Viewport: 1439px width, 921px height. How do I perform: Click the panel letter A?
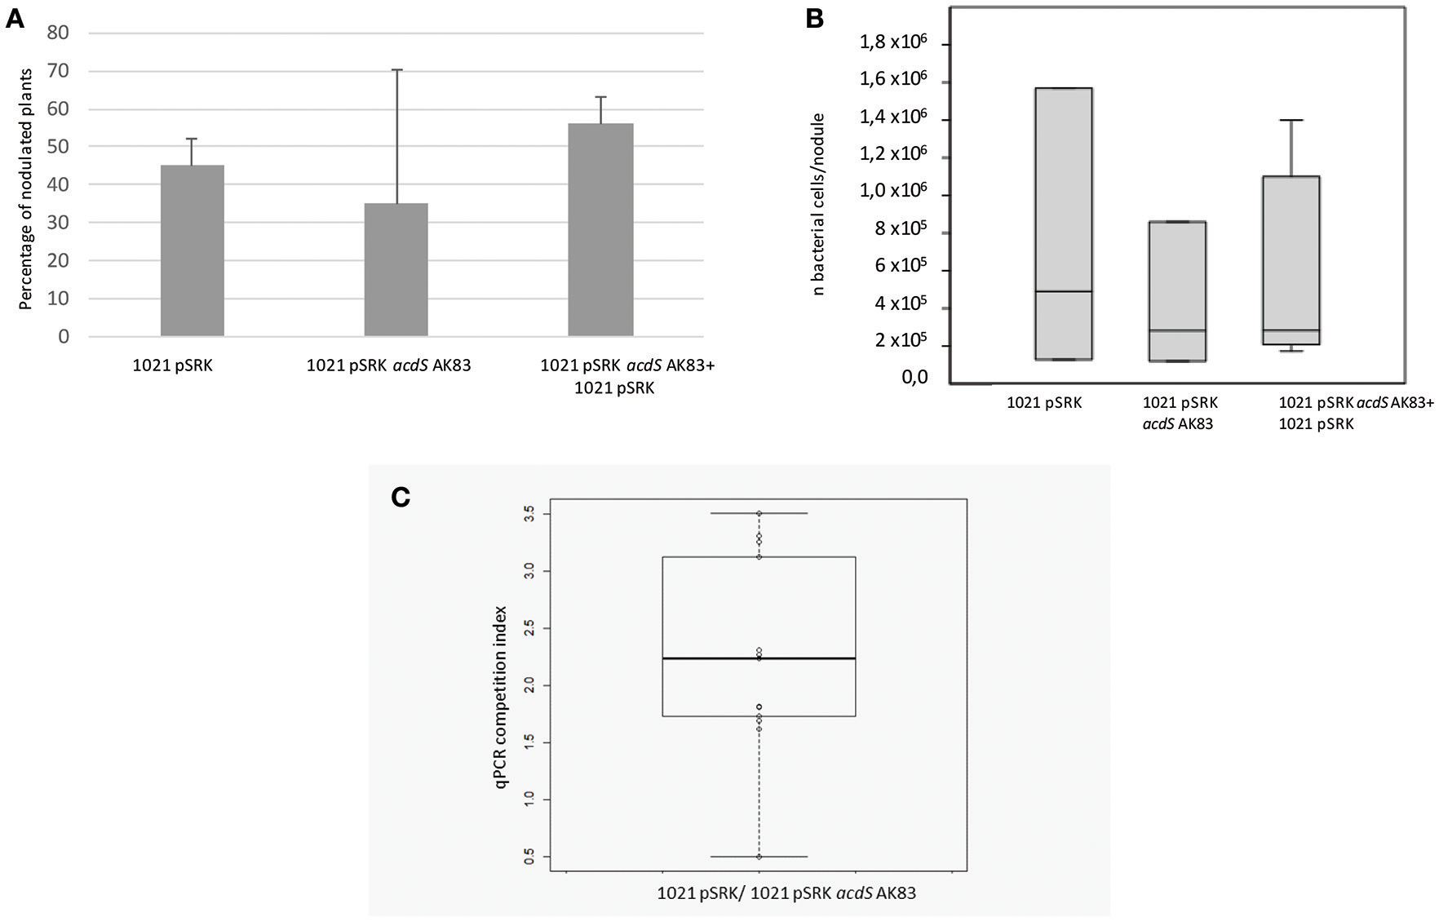15,19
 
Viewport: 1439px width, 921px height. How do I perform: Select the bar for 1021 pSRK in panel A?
192,250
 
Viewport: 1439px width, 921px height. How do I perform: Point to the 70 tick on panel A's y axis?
58,72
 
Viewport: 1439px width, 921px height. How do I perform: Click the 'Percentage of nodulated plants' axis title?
25,188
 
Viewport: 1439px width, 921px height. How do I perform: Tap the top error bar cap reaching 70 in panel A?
396,70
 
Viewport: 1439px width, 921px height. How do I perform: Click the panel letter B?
814,19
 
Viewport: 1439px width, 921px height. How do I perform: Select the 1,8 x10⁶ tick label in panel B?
893,42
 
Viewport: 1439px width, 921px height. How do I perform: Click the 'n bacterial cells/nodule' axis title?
819,204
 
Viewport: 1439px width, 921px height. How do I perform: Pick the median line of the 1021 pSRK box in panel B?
1064,291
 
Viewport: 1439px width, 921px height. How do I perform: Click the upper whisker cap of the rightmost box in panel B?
1291,120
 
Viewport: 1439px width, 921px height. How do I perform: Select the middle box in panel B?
1177,290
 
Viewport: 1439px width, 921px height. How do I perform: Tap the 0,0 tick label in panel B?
914,378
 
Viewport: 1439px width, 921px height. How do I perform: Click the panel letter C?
401,497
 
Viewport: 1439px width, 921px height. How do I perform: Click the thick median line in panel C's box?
759,658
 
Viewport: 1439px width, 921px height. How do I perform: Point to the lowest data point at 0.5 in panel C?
759,857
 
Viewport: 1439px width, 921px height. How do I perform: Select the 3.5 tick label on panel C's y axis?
530,514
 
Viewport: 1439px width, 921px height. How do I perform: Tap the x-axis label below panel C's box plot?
786,893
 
